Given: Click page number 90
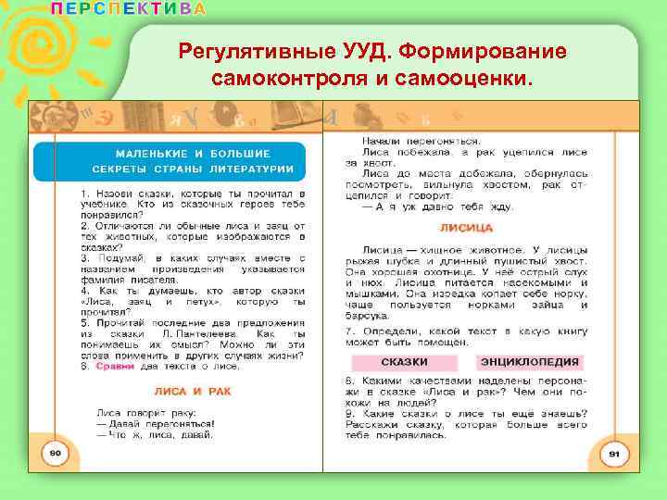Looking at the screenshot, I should [x=55, y=452].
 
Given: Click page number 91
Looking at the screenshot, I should [x=613, y=454].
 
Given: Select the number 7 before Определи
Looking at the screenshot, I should [x=347, y=331].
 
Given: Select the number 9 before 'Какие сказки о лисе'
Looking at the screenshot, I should [x=347, y=414].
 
